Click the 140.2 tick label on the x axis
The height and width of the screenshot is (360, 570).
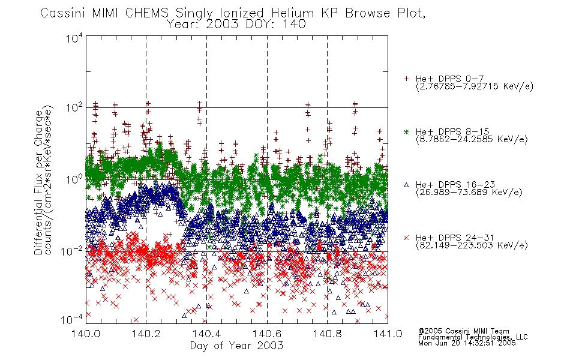click(x=146, y=333)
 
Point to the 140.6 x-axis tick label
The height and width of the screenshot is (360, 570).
click(x=267, y=333)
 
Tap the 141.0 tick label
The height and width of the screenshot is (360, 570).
click(x=388, y=333)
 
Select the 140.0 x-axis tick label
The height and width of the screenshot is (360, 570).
click(x=85, y=333)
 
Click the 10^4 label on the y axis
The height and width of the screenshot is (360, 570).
click(x=74, y=38)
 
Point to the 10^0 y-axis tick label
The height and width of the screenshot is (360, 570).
click(x=74, y=179)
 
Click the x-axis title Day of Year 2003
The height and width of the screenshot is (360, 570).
click(x=236, y=346)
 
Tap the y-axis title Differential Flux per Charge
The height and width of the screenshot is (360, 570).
click(x=38, y=182)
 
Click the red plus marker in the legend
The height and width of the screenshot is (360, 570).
click(x=406, y=79)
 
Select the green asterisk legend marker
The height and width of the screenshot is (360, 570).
click(x=406, y=131)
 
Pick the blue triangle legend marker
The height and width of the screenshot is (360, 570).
click(x=406, y=185)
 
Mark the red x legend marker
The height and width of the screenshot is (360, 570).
click(x=406, y=238)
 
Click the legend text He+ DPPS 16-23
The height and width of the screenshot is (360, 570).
click(x=455, y=185)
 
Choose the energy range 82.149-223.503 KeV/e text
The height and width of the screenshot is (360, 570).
click(x=472, y=245)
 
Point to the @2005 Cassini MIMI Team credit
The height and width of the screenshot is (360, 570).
click(x=463, y=331)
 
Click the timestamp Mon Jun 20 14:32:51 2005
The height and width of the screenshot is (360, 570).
click(x=467, y=343)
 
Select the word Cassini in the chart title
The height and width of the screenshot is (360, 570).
click(x=63, y=13)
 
